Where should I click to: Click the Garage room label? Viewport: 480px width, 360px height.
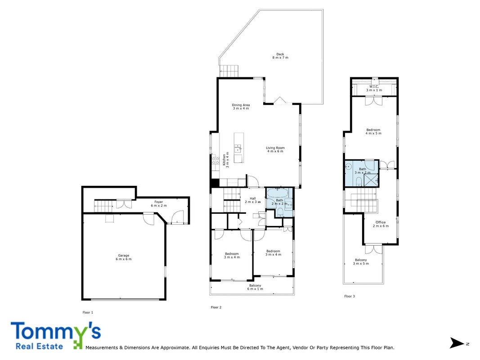[x=124, y=257]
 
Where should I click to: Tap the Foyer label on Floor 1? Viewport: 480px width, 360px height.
[x=158, y=203]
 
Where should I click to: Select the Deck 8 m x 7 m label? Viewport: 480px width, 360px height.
[x=280, y=56]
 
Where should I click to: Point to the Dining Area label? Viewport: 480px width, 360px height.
[x=241, y=107]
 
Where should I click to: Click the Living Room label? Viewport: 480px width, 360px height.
[x=275, y=149]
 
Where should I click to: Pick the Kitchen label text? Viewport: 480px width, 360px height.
[x=226, y=160]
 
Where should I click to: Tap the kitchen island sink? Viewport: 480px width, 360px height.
[x=238, y=149]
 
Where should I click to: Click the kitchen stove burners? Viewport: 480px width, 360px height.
[x=215, y=160]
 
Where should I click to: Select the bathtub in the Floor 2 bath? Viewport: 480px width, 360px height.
[x=277, y=193]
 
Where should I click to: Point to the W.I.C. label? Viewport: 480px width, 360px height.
[x=374, y=88]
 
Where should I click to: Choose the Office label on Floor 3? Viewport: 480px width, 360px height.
[x=381, y=224]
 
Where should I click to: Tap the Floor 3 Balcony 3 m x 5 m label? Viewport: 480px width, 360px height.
[x=361, y=261]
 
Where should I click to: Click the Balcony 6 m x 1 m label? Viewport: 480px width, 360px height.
[x=255, y=287]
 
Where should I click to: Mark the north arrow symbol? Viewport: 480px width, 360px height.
[x=457, y=343]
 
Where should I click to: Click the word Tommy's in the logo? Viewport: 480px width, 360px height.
[x=56, y=331]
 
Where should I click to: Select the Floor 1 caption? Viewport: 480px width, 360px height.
[x=88, y=313]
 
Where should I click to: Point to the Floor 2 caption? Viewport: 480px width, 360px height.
[x=216, y=307]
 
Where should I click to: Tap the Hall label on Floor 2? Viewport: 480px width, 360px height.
[x=252, y=200]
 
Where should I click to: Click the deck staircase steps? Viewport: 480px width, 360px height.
[x=229, y=71]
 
